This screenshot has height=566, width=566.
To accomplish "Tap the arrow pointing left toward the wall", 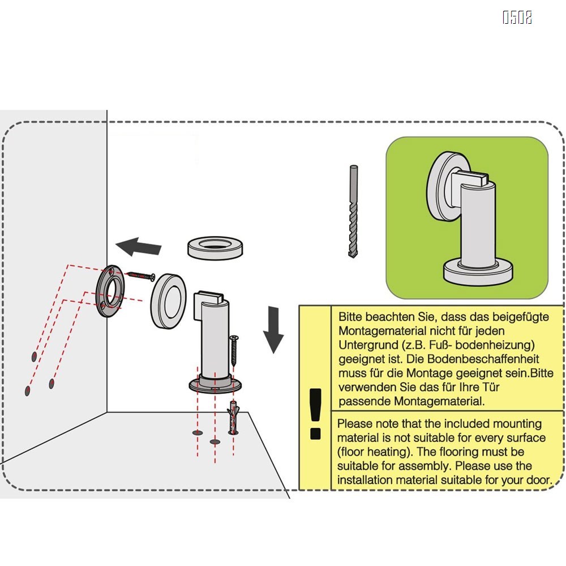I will pos(139,247).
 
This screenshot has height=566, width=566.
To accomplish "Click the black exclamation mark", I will pos(315,413).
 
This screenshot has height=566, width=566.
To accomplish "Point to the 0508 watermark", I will pos(517,18).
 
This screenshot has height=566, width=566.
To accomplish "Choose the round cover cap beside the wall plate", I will pos(168,299).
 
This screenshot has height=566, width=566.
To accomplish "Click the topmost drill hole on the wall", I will pos(33,356).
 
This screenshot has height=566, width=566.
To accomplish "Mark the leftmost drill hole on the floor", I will pos(198,432).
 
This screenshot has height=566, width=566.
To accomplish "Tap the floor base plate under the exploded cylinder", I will pos(215,385).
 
